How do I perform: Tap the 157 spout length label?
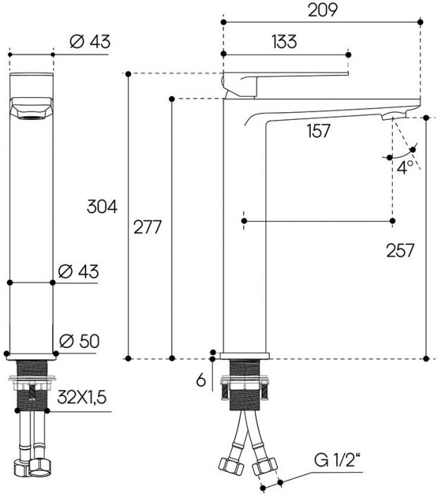click(319, 131)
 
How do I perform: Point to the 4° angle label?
click(404, 167)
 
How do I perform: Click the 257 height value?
click(400, 250)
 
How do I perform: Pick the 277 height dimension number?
click(147, 228)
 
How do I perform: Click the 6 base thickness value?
click(201, 380)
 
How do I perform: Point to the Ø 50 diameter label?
click(79, 340)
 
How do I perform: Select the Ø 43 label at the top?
click(90, 42)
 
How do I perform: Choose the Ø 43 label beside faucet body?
click(79, 271)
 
